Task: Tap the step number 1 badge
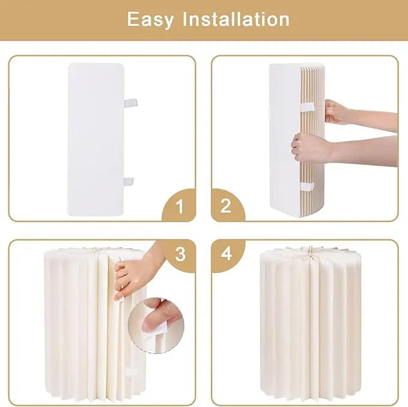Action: coord(178,207)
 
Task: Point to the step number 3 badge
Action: coord(180,254)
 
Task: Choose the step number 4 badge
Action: coord(226,254)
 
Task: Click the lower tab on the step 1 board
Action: coord(130,181)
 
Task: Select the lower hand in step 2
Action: coord(309,147)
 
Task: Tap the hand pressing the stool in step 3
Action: coord(135,273)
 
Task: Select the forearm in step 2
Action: coord(373,150)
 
